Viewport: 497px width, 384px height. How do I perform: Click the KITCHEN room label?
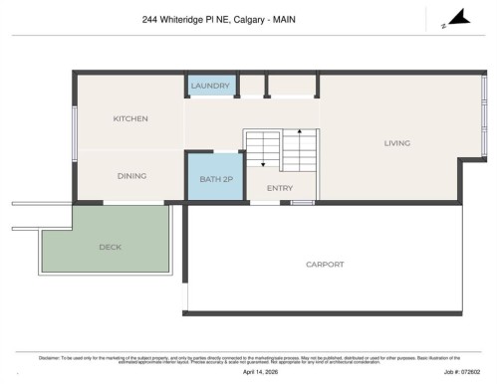click(x=130, y=118)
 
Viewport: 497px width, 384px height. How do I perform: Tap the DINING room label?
click(x=131, y=176)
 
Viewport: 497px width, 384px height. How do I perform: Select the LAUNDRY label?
click(x=210, y=86)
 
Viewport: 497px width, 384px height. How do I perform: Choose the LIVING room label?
click(x=397, y=143)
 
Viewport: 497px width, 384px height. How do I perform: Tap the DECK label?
click(x=111, y=247)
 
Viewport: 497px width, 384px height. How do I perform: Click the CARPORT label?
click(x=325, y=264)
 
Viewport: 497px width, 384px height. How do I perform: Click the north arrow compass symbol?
click(x=454, y=17)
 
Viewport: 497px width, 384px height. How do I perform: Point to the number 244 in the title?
click(x=150, y=19)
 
